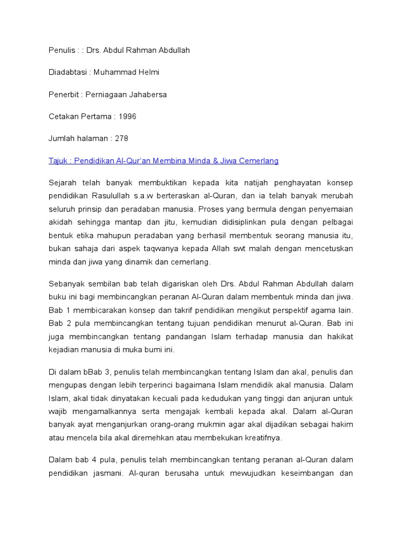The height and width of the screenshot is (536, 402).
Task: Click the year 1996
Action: pyautogui.click(x=127, y=117)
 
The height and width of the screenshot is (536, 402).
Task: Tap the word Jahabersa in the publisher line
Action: pyautogui.click(x=148, y=95)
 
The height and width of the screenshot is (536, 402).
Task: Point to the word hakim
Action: pyautogui.click(x=342, y=425)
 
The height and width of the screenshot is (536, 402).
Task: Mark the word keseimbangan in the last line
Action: pyautogui.click(x=298, y=473)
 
